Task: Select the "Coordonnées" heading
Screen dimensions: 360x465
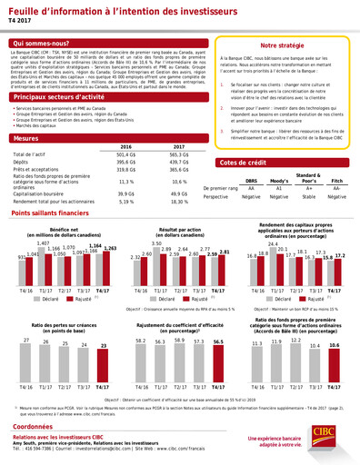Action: [37, 424]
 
